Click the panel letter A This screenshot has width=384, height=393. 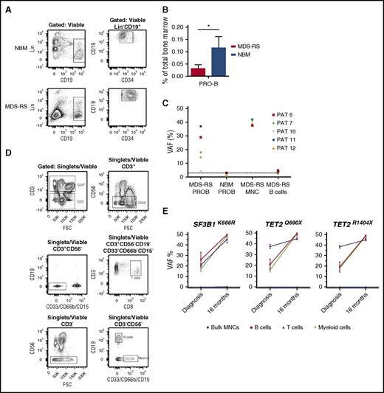[x=5, y=5]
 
